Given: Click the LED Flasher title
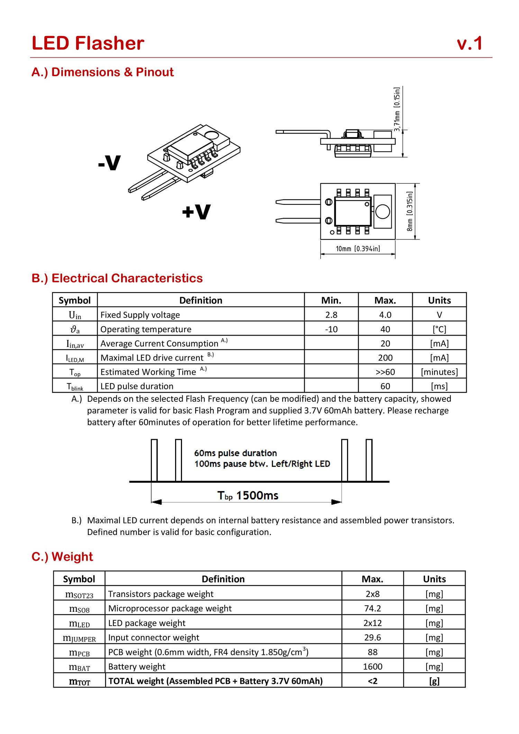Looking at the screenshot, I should coord(88,44).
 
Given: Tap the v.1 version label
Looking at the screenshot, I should coord(470,44).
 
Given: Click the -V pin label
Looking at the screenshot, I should coord(109,163).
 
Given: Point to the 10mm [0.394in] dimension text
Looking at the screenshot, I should coord(358,249).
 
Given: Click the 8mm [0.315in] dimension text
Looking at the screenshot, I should coord(410,211).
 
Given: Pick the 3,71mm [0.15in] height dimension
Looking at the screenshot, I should coord(397,109).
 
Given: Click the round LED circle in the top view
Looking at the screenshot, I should coord(382,211).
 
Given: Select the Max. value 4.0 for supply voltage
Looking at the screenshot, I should coord(385,315).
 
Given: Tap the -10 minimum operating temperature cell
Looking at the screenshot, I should coord(331,329).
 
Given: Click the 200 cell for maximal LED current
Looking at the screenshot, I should coord(385,357).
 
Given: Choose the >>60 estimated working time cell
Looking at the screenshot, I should coord(385,372).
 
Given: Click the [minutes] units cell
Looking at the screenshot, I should coord(439,372).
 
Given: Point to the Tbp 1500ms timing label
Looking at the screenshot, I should coord(248,496).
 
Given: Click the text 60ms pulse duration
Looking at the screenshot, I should coord(235,453).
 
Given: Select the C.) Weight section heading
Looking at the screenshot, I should coord(62,556).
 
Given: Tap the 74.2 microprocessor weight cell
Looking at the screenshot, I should coord(372,608).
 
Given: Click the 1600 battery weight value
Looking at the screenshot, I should coord(372,667).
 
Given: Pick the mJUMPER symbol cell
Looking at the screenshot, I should coord(79,638).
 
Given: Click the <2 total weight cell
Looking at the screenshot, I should coord(372,681).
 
